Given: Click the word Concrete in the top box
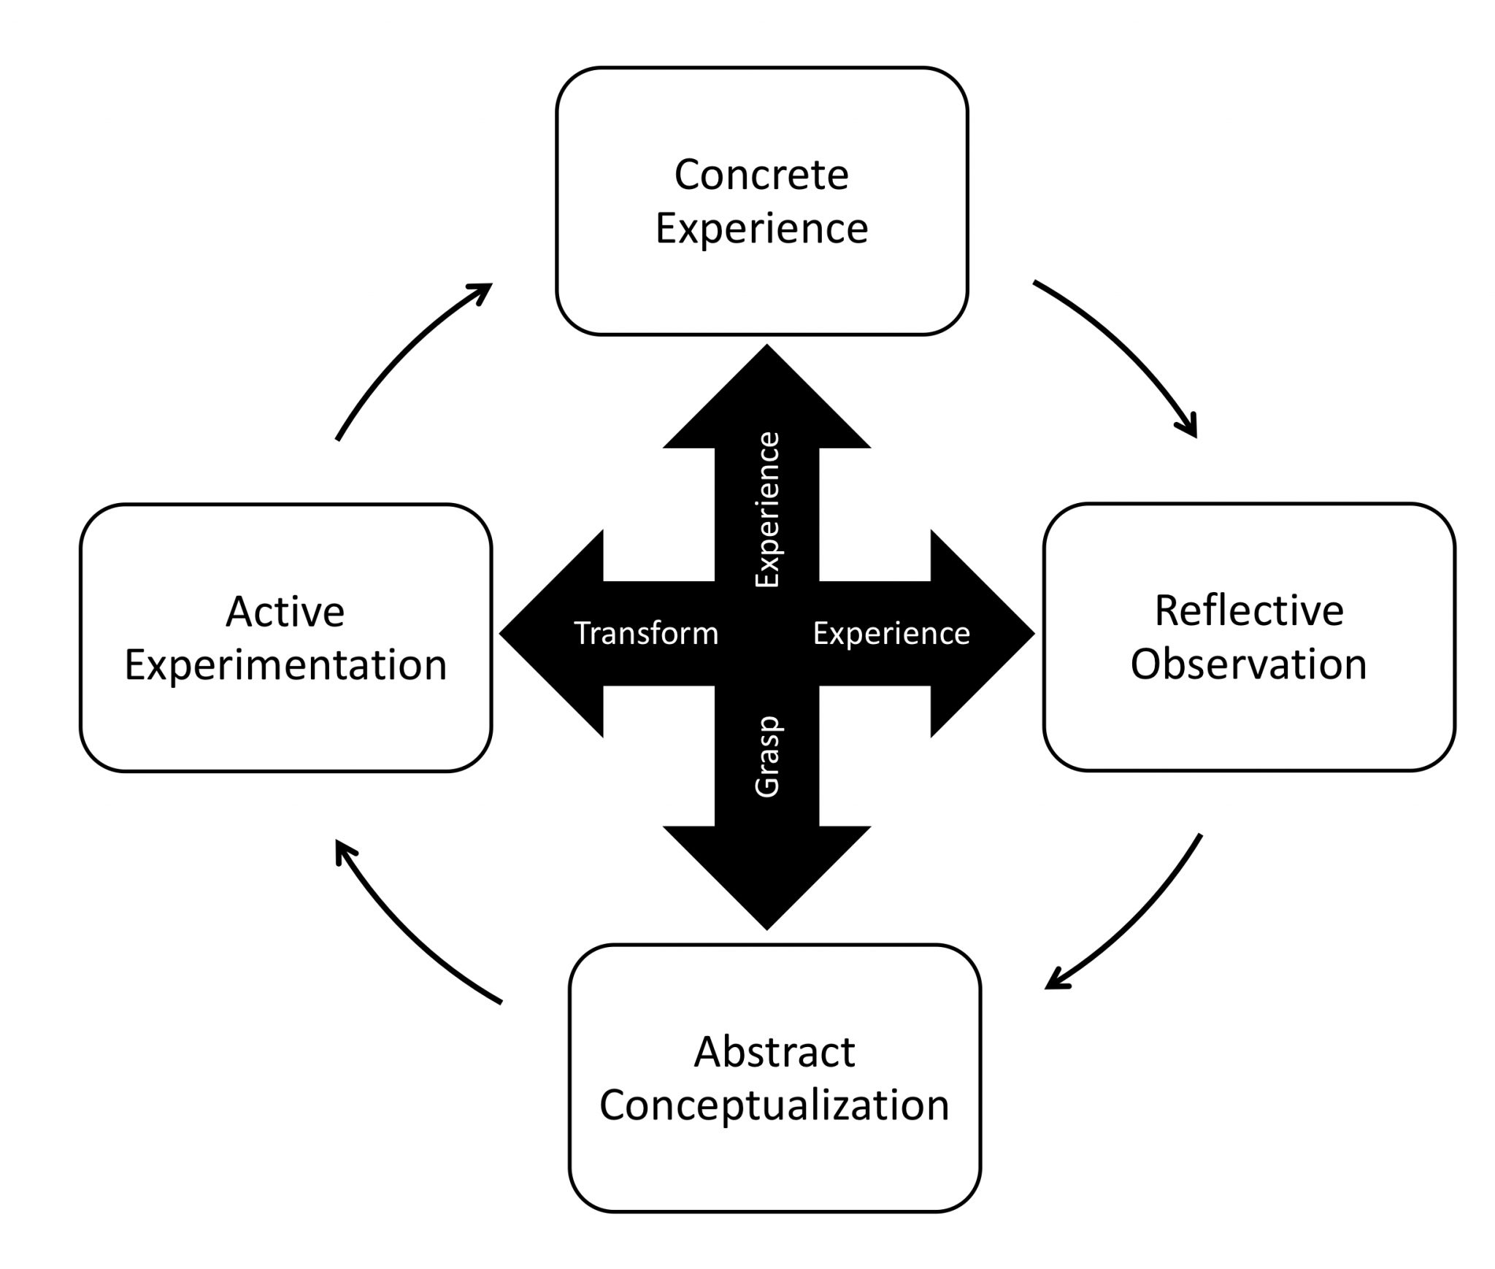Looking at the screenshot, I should click(761, 175).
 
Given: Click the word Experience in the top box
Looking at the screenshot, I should click(761, 228).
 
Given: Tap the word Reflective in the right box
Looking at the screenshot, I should click(1248, 610).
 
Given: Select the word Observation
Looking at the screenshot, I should click(1248, 664).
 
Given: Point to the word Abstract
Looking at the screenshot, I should click(774, 1052).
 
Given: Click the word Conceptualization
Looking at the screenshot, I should click(774, 1105).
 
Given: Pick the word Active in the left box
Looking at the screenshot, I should click(285, 611).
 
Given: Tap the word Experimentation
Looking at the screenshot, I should click(285, 664).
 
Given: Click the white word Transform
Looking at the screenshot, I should click(646, 633).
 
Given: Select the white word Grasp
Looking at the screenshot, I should click(767, 756).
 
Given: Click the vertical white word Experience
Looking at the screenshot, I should click(767, 510).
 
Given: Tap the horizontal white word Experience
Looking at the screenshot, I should click(891, 633).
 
